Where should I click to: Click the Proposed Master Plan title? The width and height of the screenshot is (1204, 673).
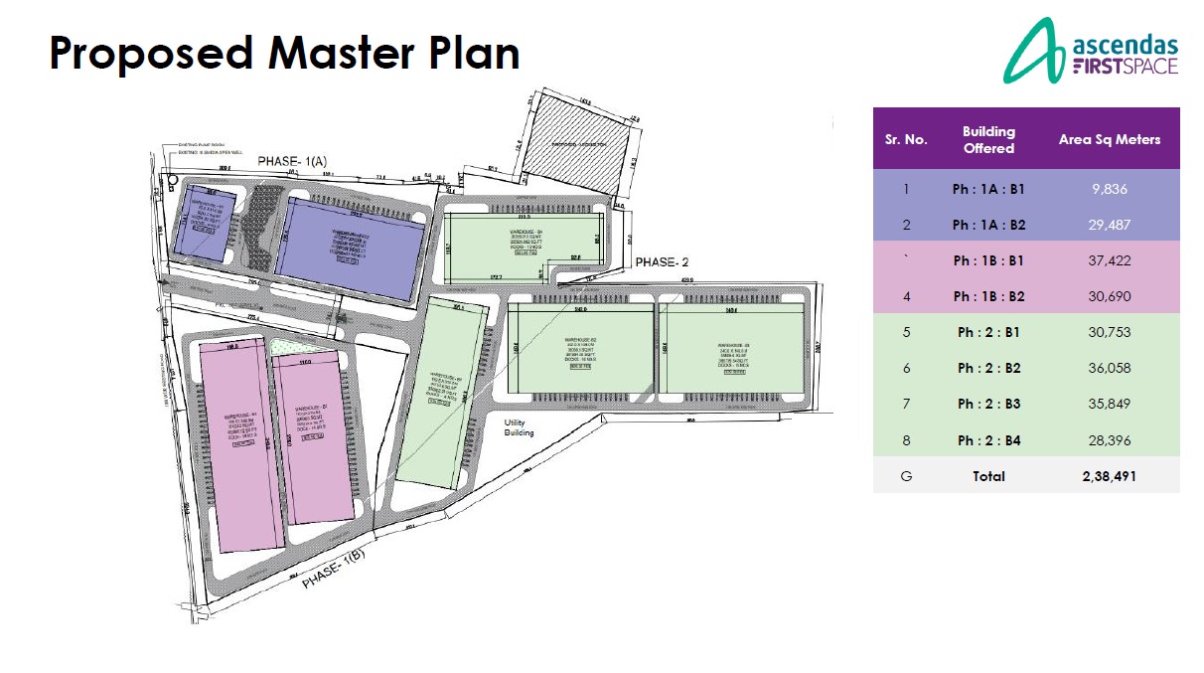pyautogui.click(x=284, y=53)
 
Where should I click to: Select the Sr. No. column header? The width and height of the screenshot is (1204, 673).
pyautogui.click(x=905, y=139)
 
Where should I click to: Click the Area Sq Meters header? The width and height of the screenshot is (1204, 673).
pyautogui.click(x=1109, y=139)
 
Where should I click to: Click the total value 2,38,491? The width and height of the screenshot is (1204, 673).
pyautogui.click(x=1109, y=476)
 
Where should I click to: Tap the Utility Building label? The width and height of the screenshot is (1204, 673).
pyautogui.click(x=520, y=427)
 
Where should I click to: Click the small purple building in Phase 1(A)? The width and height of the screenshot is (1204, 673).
pyautogui.click(x=205, y=221)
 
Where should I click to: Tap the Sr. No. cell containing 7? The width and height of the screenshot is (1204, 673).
pyautogui.click(x=905, y=405)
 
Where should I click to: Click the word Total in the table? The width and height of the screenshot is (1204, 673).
pyautogui.click(x=987, y=476)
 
